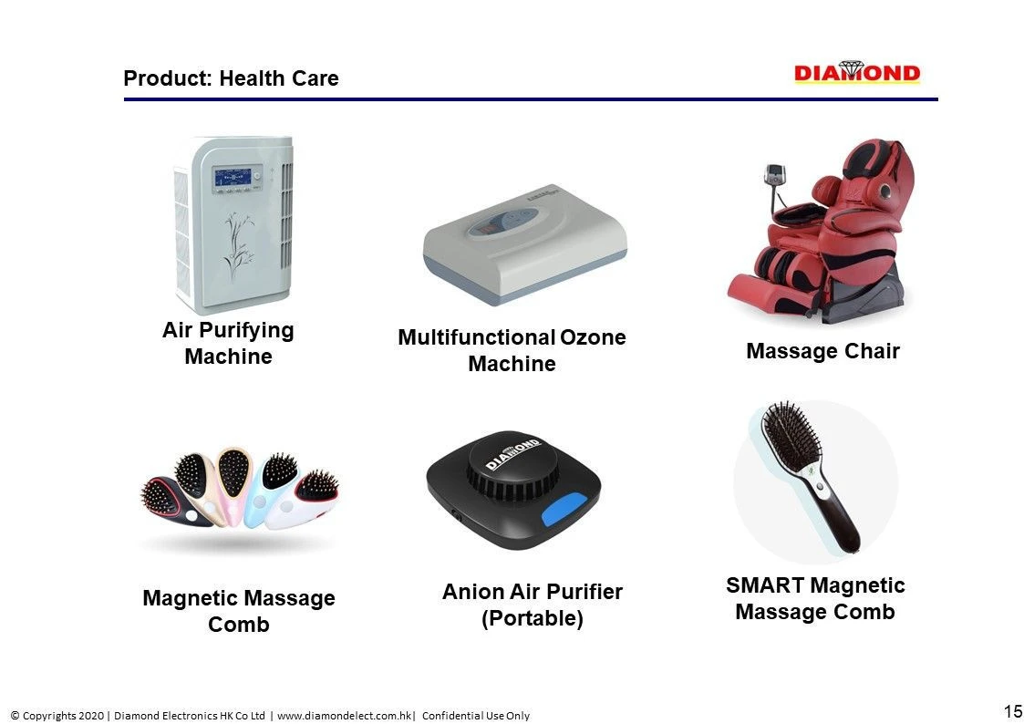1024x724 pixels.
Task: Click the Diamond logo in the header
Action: pos(856,73)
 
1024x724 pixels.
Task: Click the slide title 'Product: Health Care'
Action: pos(231,78)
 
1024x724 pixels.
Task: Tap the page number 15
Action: pos(1012,711)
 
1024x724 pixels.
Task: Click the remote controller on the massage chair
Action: pos(775,174)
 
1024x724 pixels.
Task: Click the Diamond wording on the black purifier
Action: pos(512,452)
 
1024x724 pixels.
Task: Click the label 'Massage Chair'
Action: pos(822,351)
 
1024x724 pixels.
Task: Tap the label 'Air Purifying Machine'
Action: pos(228,343)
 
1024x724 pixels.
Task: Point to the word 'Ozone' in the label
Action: pos(593,337)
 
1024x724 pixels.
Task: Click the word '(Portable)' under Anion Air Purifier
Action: pos(532,618)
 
